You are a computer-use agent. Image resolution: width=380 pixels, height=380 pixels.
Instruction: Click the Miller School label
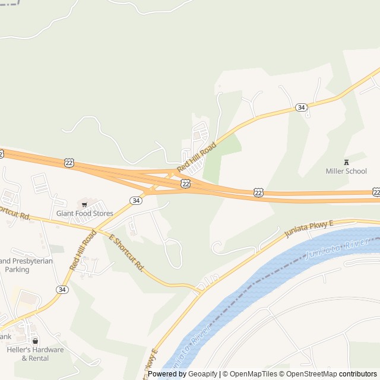pyautogui.click(x=346, y=171)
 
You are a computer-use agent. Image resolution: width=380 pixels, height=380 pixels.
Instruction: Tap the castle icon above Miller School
pyautogui.click(x=346, y=161)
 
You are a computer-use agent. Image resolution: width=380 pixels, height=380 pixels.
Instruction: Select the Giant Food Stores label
pyautogui.click(x=84, y=213)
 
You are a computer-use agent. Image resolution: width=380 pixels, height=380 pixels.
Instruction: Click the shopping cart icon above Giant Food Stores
pyautogui.click(x=84, y=204)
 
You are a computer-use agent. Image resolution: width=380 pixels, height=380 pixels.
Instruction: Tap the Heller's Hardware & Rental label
pyautogui.click(x=34, y=354)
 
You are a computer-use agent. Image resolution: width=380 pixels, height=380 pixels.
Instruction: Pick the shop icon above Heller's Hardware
pyautogui.click(x=35, y=341)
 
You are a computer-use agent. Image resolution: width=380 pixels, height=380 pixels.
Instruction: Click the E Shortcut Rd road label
pyautogui.click(x=126, y=252)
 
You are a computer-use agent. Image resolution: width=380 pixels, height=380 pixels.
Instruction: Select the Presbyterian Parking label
pyautogui.click(x=26, y=265)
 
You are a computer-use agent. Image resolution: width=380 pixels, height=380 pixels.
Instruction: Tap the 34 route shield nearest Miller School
pyautogui.click(x=301, y=107)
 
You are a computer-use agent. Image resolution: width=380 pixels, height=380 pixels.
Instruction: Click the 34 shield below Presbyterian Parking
pyautogui.click(x=62, y=289)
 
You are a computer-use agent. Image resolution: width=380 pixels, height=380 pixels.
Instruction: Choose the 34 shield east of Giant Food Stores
pyautogui.click(x=137, y=201)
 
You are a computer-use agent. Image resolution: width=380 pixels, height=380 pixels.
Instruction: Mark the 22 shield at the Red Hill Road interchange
pyautogui.click(x=186, y=185)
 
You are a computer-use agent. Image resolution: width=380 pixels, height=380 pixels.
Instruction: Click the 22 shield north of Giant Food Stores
pyautogui.click(x=69, y=163)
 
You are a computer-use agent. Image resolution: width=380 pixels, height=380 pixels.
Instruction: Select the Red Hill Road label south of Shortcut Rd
pyautogui.click(x=83, y=251)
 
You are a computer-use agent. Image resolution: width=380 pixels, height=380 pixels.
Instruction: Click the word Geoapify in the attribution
pyautogui.click(x=202, y=374)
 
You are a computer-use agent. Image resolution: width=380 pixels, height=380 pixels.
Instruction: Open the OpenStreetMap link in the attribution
pyautogui.click(x=309, y=374)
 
